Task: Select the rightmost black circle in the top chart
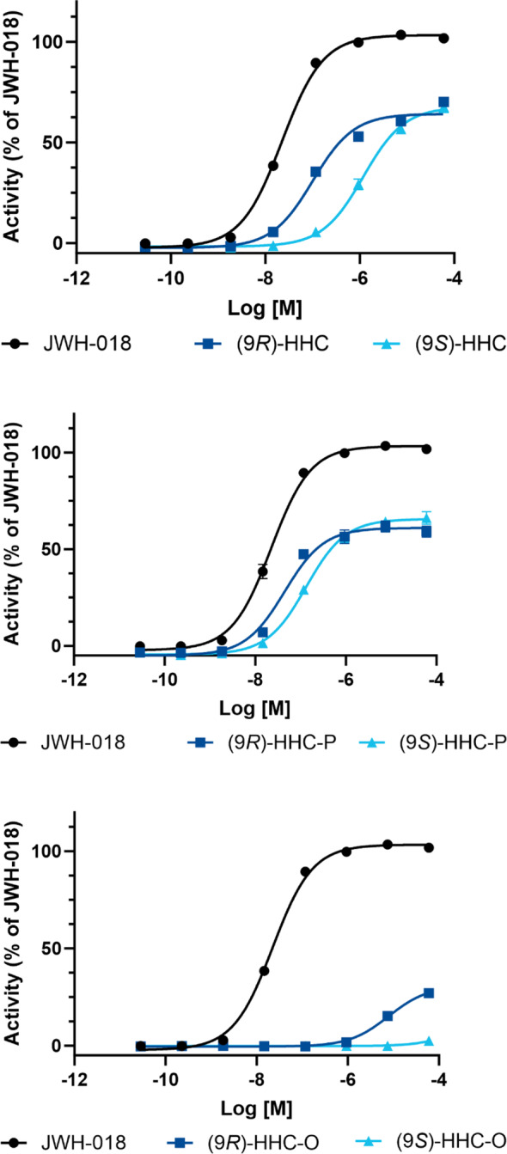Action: (x=443, y=38)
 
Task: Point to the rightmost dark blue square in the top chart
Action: (x=443, y=102)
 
